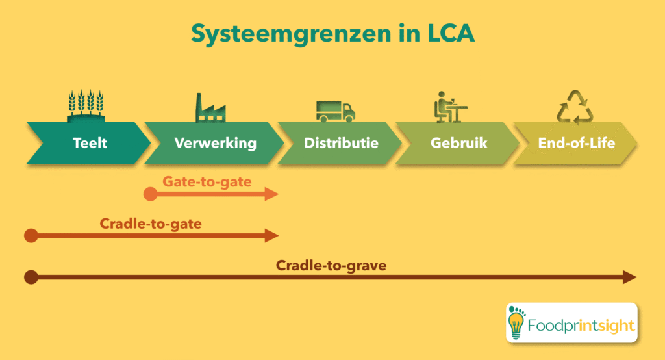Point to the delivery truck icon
pyautogui.click(x=335, y=111)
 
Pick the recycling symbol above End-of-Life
pyautogui.click(x=575, y=107)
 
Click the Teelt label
pyautogui.click(x=90, y=143)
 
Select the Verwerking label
pyautogui.click(x=215, y=143)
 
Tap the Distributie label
pyautogui.click(x=341, y=143)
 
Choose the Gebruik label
pyautogui.click(x=458, y=143)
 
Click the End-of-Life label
pyautogui.click(x=577, y=143)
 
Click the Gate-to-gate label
pyautogui.click(x=207, y=181)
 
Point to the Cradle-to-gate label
pyautogui.click(x=151, y=224)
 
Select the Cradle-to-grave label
pyautogui.click(x=332, y=265)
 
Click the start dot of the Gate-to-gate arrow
pyautogui.click(x=150, y=194)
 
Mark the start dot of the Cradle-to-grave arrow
pyautogui.click(x=31, y=277)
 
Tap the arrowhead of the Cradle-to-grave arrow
pyautogui.click(x=630, y=277)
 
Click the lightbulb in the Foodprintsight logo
pyautogui.click(x=518, y=322)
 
